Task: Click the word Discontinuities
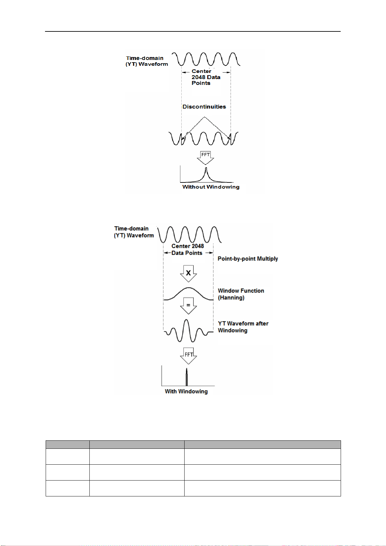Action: [204, 107]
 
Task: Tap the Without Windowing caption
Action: [211, 187]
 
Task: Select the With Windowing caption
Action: [186, 391]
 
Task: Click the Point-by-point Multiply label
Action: [248, 259]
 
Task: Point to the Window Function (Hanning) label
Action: [241, 294]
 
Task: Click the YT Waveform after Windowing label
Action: [243, 327]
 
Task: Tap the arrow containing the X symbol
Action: [188, 273]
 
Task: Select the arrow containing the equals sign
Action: [188, 306]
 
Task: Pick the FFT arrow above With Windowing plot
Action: [188, 356]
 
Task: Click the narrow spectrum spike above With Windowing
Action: [187, 377]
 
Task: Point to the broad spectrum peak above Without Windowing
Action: [206, 175]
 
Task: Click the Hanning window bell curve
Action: [188, 288]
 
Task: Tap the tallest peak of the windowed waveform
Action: [186, 320]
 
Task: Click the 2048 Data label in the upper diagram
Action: [206, 77]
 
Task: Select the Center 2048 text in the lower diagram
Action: [187, 246]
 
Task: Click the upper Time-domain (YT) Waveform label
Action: [147, 61]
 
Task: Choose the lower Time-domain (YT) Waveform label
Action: [134, 232]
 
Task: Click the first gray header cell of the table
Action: [67, 444]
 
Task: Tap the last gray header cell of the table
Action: [263, 444]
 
